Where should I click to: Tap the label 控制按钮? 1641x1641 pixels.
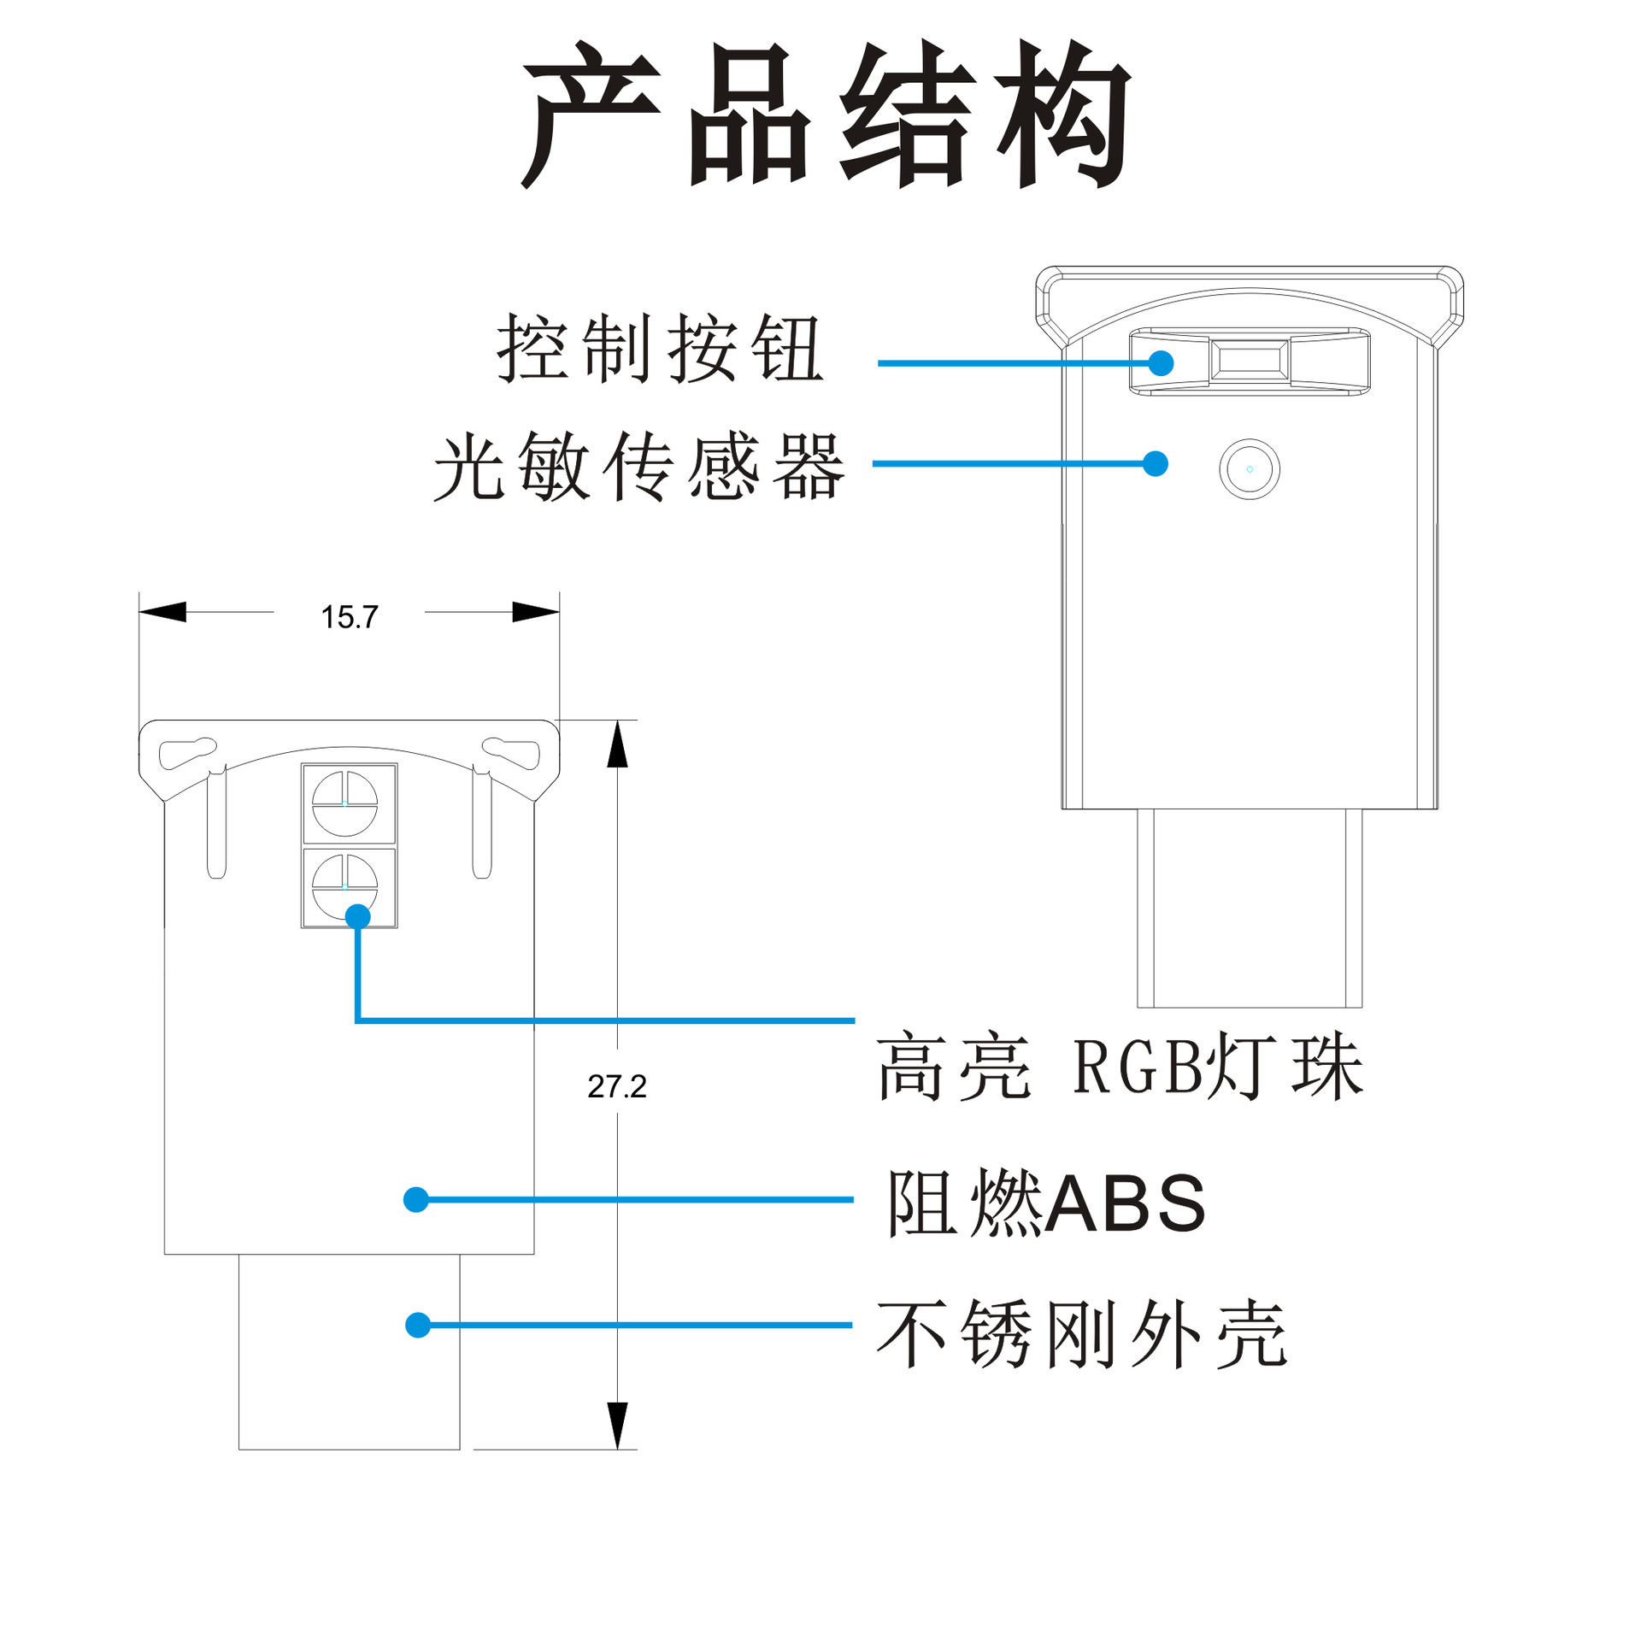click(659, 348)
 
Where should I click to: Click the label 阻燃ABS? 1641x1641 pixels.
click(1046, 1203)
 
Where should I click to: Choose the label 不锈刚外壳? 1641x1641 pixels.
click(1081, 1332)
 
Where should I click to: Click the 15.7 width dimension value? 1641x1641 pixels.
click(349, 617)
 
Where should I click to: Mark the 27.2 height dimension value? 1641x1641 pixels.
click(616, 1086)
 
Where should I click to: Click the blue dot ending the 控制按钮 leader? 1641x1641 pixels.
click(1161, 363)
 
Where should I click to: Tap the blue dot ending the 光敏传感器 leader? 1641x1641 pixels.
click(1156, 464)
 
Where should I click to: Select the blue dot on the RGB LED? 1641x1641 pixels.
click(357, 917)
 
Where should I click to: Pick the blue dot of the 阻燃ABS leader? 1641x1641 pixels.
click(416, 1200)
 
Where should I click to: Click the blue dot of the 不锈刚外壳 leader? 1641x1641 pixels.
click(418, 1326)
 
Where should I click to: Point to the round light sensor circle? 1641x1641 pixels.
click(1249, 469)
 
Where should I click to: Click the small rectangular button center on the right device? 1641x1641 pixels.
click(1249, 360)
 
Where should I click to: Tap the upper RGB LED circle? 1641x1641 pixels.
click(344, 803)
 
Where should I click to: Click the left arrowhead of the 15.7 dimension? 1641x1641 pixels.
click(162, 612)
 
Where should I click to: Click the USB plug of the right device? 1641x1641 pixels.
click(1249, 908)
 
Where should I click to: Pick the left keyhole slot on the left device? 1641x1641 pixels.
click(187, 752)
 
